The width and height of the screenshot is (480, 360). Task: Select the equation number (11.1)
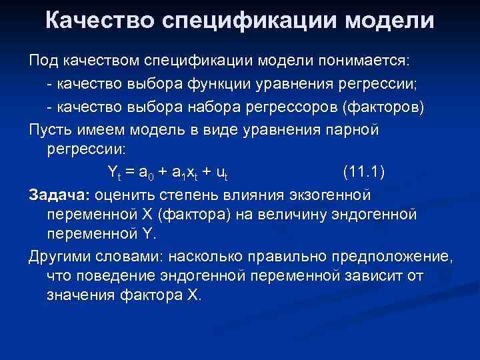pyautogui.click(x=363, y=171)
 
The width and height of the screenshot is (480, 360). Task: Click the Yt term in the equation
pyautogui.click(x=114, y=173)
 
